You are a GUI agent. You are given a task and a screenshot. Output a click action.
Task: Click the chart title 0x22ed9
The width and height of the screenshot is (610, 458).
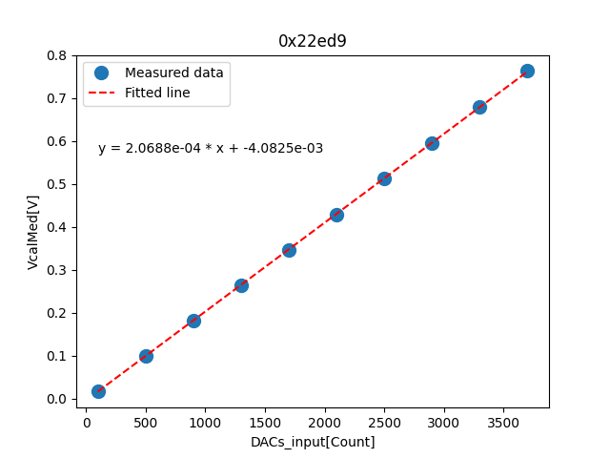coord(313,41)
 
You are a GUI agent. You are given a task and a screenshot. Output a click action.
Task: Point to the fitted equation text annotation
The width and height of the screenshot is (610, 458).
coord(211,148)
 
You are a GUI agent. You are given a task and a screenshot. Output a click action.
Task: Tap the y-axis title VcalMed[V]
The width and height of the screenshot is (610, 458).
coord(33,232)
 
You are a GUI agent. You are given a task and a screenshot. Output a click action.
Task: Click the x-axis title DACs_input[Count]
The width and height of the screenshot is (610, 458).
coord(313,442)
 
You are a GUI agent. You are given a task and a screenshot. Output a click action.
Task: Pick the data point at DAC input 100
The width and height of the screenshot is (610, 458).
coord(98,391)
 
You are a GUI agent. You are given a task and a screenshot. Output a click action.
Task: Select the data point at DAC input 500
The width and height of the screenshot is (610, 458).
coord(146,356)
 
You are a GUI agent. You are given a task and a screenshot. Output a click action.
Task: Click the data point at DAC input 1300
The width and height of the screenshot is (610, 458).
coord(241,285)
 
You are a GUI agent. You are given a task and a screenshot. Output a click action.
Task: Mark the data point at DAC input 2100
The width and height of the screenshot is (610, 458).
coord(336,215)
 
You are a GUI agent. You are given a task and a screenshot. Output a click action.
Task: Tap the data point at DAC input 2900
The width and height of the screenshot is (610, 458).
coord(432,143)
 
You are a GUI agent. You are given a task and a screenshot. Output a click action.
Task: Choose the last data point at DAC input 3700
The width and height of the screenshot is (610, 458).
coord(527,71)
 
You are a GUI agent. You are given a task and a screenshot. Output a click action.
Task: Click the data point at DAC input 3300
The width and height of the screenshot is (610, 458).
coord(479,107)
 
